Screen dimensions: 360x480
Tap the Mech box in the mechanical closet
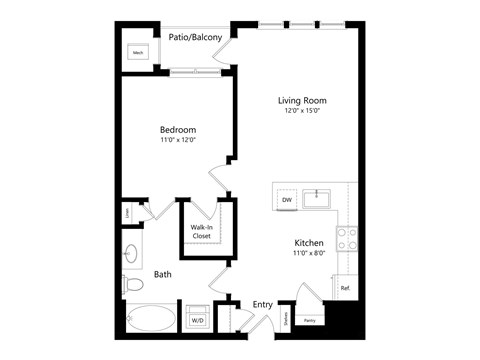(139, 52)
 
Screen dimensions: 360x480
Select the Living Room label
(302, 101)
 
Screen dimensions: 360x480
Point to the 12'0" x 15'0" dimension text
(302, 112)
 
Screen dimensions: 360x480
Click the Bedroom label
(177, 130)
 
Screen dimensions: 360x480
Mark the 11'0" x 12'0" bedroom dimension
(177, 141)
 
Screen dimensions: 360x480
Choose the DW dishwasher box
(287, 200)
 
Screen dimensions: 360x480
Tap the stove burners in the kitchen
(347, 237)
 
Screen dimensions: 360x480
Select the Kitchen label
(308, 243)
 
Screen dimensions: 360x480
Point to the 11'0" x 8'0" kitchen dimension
(308, 255)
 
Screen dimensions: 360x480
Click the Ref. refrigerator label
(344, 288)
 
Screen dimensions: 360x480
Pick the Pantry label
(309, 320)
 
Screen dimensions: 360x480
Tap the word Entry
(262, 304)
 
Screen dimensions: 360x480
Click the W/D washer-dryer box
(197, 320)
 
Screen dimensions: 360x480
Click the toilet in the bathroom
(133, 284)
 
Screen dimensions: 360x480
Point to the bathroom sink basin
(132, 251)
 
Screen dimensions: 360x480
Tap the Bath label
(163, 274)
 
